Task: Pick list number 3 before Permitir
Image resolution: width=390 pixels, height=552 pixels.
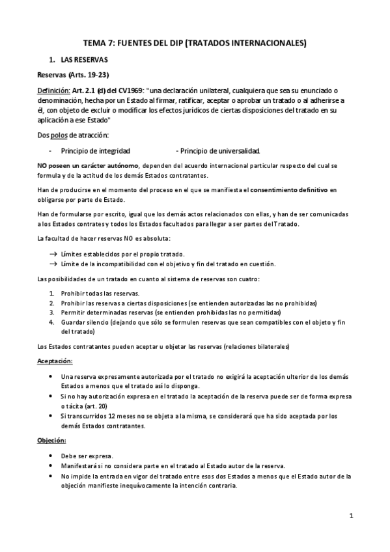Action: pyautogui.click(x=52, y=313)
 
